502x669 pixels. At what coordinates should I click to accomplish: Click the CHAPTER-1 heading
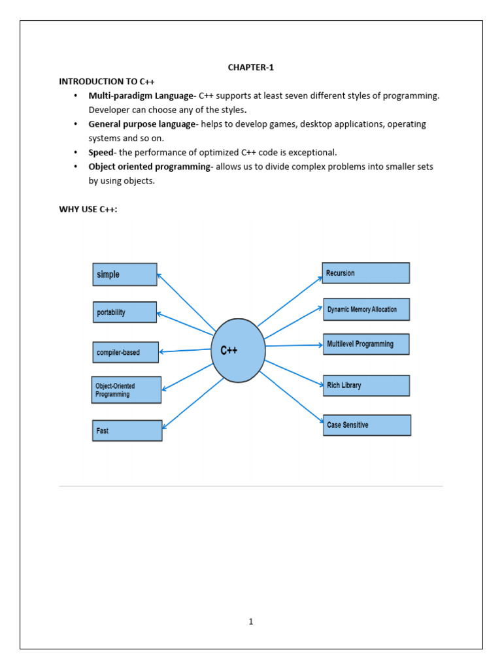(251, 67)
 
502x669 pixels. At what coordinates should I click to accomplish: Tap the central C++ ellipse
(239, 351)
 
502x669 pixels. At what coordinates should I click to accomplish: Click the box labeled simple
(125, 274)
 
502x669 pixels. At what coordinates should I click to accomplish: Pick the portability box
(124, 312)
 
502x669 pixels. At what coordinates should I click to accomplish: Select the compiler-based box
(125, 353)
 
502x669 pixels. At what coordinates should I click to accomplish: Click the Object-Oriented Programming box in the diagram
(126, 390)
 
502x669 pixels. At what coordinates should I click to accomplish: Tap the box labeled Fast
(127, 431)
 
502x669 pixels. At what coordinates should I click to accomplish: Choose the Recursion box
(366, 273)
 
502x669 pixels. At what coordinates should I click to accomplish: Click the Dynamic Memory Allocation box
(366, 310)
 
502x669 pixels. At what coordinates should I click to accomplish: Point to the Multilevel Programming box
(366, 344)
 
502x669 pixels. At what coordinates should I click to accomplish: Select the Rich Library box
(366, 385)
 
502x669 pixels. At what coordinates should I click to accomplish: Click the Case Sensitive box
(367, 425)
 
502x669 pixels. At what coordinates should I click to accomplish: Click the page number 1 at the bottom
(250, 621)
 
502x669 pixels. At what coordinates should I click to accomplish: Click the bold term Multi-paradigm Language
(141, 96)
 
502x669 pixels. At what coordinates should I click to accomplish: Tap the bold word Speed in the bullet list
(101, 152)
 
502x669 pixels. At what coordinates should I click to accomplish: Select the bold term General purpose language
(142, 124)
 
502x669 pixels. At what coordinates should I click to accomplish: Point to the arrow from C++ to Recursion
(290, 301)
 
